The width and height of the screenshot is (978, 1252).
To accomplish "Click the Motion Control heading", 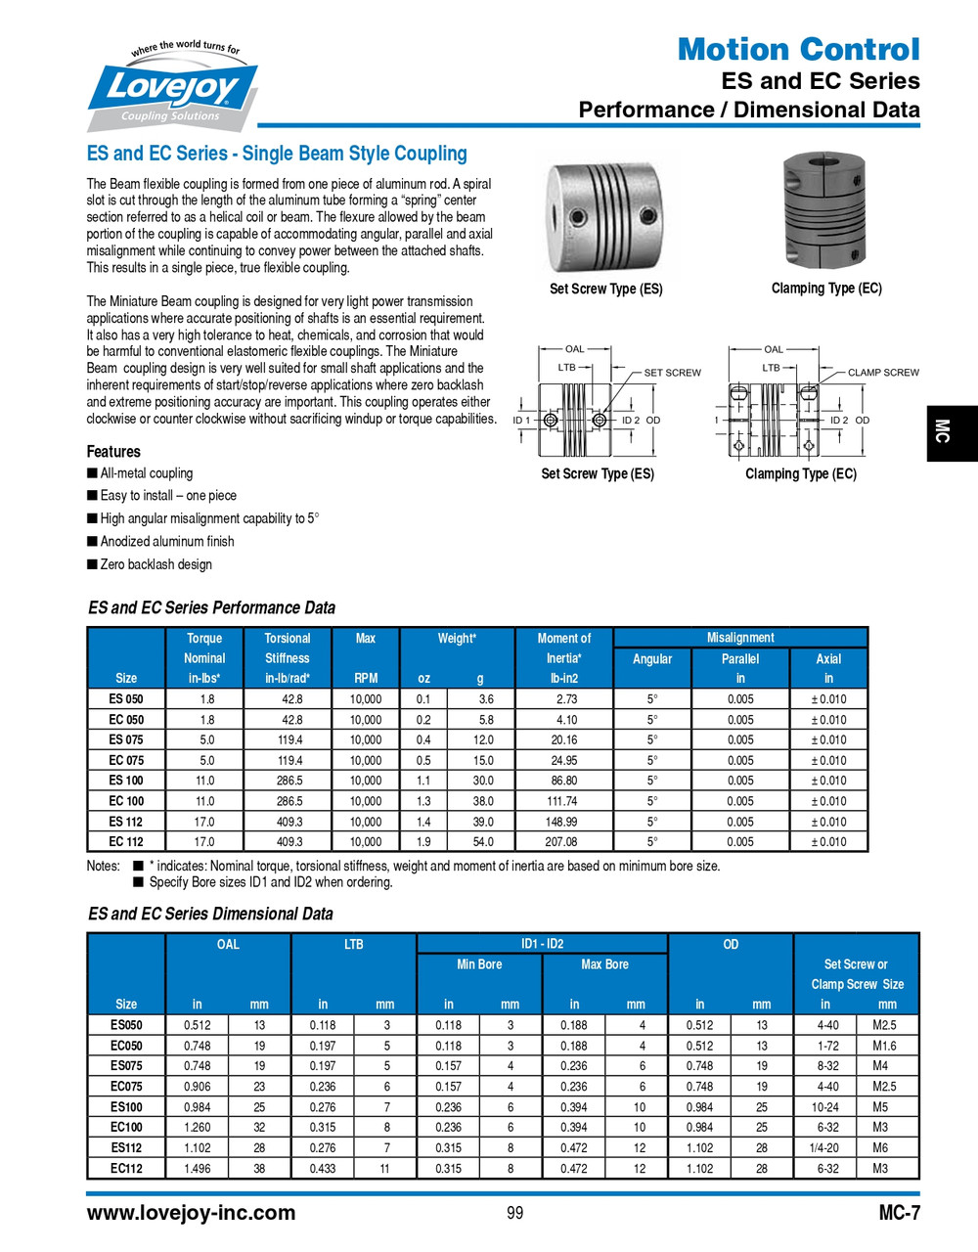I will click(798, 49).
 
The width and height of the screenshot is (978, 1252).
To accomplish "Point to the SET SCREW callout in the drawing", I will click(672, 373).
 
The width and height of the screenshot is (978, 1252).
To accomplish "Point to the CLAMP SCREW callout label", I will click(882, 373).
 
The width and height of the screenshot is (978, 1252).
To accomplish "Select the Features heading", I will click(113, 452).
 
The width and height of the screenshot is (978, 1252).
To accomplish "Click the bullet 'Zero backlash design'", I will click(156, 564).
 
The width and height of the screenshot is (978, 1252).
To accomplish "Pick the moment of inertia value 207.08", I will click(561, 842).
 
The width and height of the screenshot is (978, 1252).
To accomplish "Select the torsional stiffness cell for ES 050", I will click(289, 699).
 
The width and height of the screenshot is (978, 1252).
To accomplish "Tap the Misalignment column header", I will click(740, 638).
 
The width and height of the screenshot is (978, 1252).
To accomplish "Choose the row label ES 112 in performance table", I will click(126, 822).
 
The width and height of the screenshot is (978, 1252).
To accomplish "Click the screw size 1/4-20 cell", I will click(827, 1148).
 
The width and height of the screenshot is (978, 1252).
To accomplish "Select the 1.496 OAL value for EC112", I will click(197, 1169).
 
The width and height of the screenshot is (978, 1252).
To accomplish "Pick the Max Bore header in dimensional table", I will click(604, 964).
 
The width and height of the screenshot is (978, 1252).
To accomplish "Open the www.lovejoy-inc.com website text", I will click(191, 1213).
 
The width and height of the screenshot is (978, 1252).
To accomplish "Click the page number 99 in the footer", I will click(515, 1213).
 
